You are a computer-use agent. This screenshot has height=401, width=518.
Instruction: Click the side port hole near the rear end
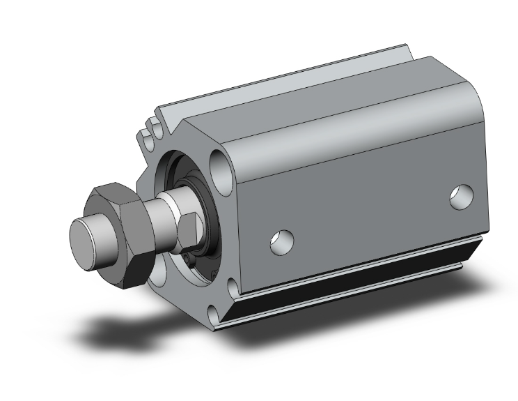460,197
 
